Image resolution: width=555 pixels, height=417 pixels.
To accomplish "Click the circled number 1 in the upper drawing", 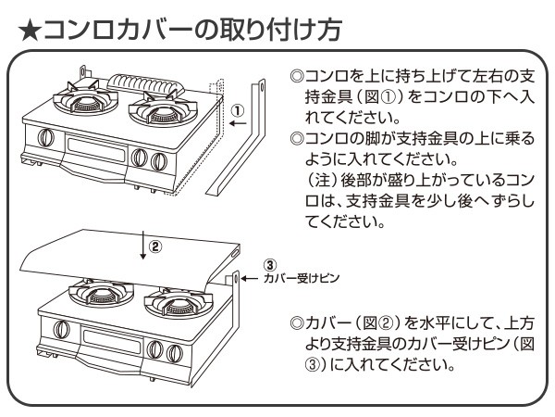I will (x=238, y=108).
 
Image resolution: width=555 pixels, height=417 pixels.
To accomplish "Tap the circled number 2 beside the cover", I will (x=156, y=247).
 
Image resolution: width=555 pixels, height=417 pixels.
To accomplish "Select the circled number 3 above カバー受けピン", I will (x=268, y=265).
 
